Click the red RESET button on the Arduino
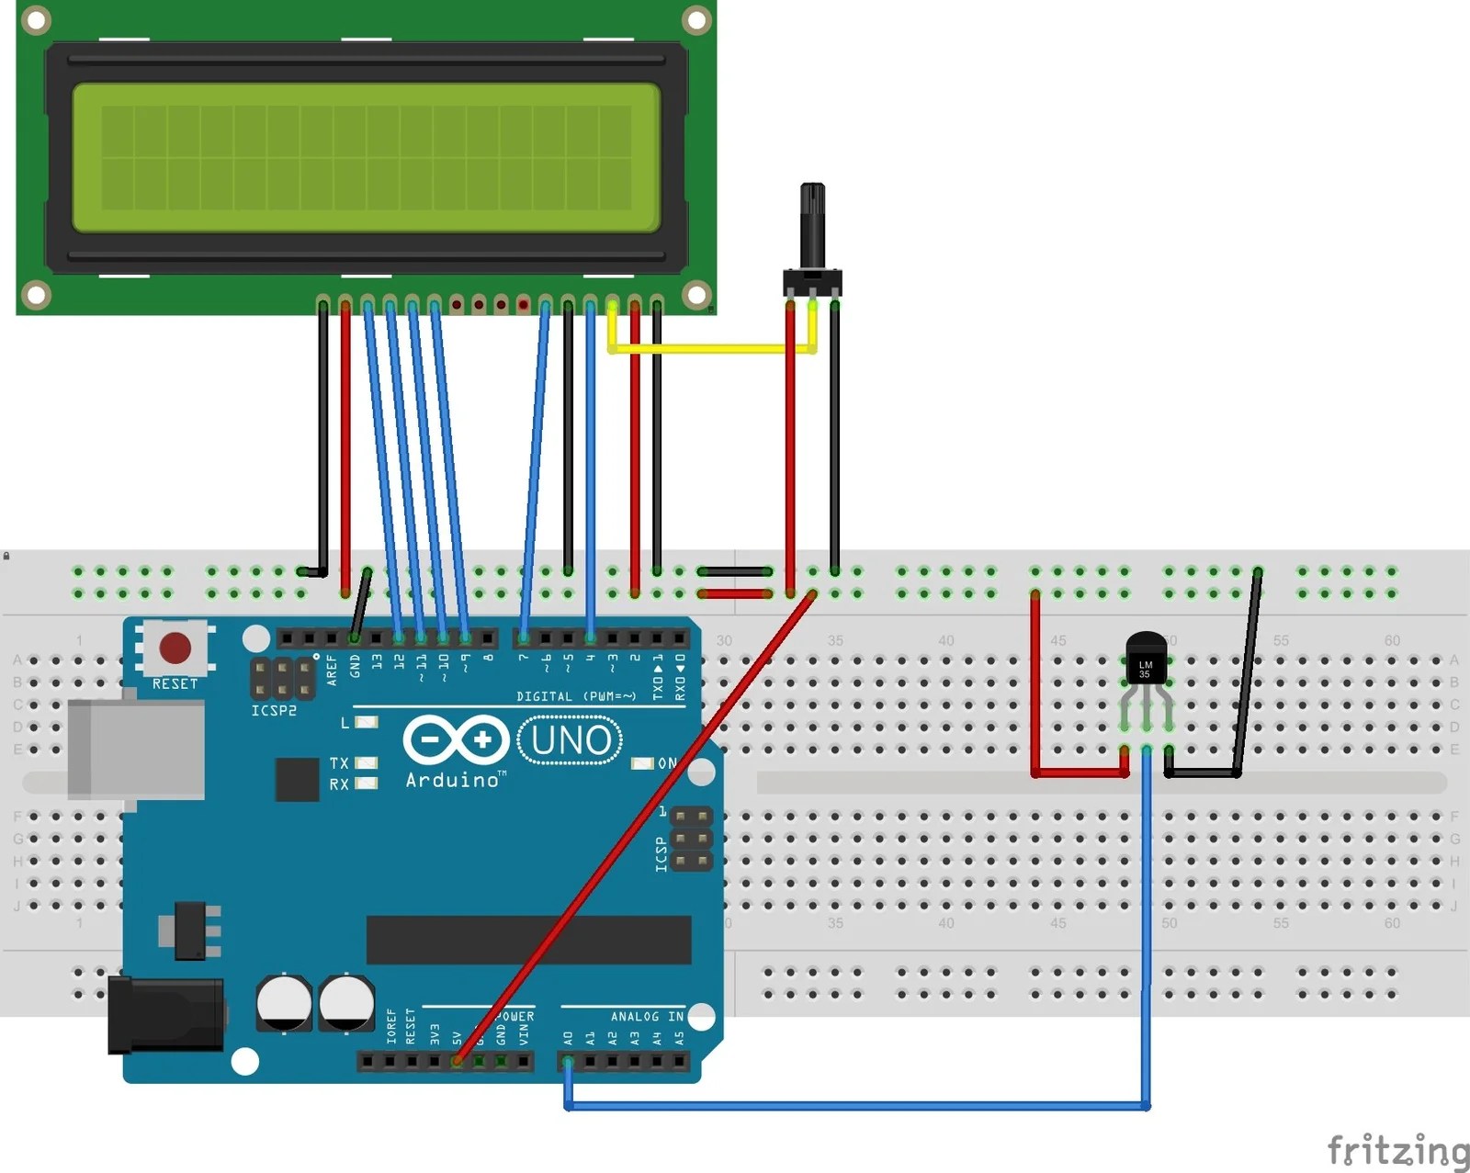(x=175, y=648)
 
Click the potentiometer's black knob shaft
(x=812, y=225)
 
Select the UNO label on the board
(x=571, y=740)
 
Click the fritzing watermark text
(x=1396, y=1149)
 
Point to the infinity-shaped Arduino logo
(x=456, y=739)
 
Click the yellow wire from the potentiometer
(x=712, y=348)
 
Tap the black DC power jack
(x=165, y=1015)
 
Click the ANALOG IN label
(x=647, y=1016)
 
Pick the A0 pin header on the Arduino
(x=568, y=1062)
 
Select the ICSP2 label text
(x=274, y=710)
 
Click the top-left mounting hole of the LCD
(x=36, y=19)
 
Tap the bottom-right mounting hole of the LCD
(x=696, y=295)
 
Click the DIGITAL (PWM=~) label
(x=576, y=696)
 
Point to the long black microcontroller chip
(x=528, y=940)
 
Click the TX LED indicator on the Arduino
(x=366, y=762)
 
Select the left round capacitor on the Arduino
(x=284, y=1002)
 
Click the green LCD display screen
(x=366, y=157)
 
